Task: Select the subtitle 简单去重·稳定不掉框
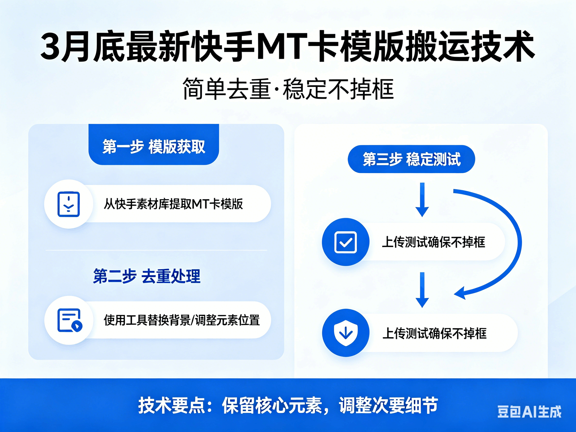tap(288, 88)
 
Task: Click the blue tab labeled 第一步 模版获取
tap(154, 144)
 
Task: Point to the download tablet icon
tap(68, 204)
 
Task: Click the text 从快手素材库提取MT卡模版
tap(173, 204)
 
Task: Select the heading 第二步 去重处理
tap(147, 276)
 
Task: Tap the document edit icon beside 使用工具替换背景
tap(69, 320)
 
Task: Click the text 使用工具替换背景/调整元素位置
tap(182, 320)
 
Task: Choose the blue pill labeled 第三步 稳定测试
tap(412, 159)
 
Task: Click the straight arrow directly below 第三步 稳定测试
tap(422, 200)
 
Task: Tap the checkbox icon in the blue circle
tap(346, 242)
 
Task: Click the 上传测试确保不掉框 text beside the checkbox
tap(433, 242)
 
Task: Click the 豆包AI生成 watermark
tap(529, 412)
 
